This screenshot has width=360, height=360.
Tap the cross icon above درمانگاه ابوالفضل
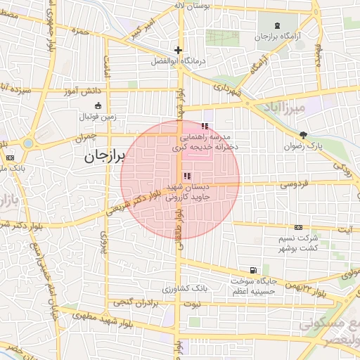point(179,50)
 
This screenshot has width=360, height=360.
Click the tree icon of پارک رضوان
point(303,135)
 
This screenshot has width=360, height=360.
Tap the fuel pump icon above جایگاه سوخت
point(252,270)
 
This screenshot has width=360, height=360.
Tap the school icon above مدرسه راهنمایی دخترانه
point(205,126)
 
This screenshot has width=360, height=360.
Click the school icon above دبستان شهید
point(186,176)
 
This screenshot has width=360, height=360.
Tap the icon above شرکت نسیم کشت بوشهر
point(299,228)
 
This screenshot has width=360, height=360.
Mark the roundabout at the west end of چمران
point(27,143)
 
